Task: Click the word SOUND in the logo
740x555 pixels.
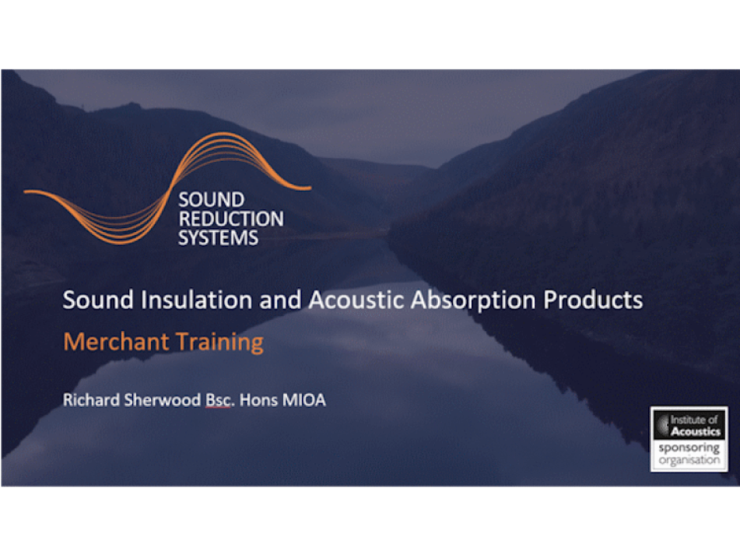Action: coord(211,199)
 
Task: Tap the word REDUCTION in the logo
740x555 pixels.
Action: coord(231,219)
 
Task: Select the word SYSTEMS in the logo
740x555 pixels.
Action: coord(218,237)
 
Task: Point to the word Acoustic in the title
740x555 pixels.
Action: coord(356,300)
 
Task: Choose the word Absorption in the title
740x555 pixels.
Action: coord(473,301)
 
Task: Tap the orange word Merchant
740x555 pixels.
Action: coord(116,341)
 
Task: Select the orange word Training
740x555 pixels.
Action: coord(220,342)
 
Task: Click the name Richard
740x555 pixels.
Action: coord(91,400)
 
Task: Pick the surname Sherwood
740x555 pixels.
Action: coord(163,400)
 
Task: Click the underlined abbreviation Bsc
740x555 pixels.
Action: coord(219,400)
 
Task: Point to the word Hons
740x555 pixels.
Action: coord(258,400)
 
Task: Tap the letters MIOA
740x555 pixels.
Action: coord(304,400)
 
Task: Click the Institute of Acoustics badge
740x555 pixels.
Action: coord(689,439)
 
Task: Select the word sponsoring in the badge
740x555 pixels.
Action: coord(689,448)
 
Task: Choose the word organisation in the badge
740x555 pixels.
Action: coord(689,460)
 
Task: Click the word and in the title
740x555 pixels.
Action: coord(280,300)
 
